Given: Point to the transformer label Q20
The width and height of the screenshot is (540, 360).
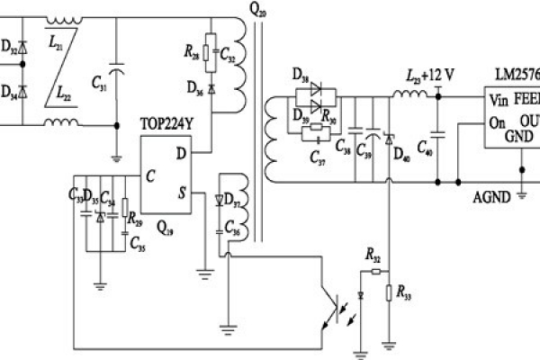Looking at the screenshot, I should tap(256, 10).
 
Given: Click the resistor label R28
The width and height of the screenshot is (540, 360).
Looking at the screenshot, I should tap(193, 57).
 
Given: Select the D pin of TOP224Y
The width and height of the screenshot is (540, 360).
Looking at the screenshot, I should tap(181, 154).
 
